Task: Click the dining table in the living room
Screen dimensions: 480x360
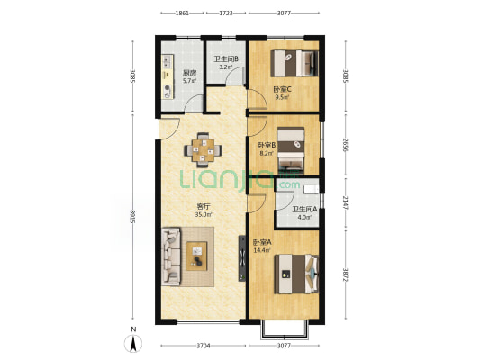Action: coord(203,150)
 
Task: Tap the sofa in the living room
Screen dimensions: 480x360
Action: coord(171,256)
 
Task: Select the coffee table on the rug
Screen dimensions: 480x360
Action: coord(196,256)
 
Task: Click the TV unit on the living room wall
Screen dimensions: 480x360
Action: coord(242,258)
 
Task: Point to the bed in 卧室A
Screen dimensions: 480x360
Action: coord(296,274)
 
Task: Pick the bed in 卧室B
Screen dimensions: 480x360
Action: coord(291,151)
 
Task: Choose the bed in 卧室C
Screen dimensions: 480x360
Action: coord(294,63)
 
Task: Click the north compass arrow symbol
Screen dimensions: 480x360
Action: coord(133,344)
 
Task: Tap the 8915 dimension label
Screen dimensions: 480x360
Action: coord(133,217)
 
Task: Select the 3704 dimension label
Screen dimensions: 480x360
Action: coord(204,346)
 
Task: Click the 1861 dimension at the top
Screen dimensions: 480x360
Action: coord(182,13)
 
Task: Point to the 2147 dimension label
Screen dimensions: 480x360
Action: coord(346,202)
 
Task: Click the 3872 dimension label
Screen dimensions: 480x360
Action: coord(346,275)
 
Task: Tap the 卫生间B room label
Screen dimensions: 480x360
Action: coord(226,59)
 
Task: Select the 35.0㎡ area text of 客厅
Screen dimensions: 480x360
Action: coord(204,214)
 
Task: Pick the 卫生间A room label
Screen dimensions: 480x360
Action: coord(304,210)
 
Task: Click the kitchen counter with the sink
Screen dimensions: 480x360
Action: coord(168,76)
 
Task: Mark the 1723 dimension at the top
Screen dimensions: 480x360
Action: coord(226,13)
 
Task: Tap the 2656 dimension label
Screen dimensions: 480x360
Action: coord(346,144)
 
